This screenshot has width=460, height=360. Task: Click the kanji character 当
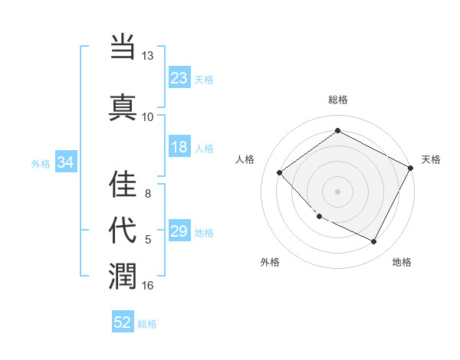123,48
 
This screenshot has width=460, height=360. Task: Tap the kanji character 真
123,106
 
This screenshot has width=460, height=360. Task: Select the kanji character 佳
123,184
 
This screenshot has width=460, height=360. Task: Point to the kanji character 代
123,231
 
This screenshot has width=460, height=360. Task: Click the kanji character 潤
123,275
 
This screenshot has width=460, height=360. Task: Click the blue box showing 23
179,78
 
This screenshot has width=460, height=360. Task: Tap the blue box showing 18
179,148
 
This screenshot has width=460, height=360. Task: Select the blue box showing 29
179,231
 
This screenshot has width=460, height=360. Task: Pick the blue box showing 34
66,162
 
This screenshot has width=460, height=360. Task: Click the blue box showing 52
123,322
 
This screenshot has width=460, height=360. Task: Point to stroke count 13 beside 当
147,56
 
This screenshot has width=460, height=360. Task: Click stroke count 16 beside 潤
147,286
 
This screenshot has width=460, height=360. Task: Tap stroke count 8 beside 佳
147,194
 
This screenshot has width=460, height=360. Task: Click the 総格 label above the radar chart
338,100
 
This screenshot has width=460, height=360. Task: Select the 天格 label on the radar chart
431,159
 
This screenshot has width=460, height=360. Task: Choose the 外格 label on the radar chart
270,262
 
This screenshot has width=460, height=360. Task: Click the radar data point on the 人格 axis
280,172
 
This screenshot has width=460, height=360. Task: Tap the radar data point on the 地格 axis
374,242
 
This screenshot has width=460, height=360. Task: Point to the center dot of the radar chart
337,191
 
